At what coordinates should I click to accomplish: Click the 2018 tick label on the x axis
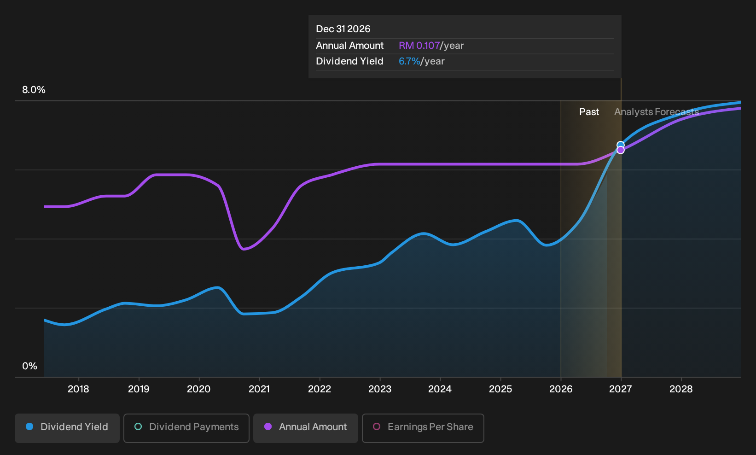pyautogui.click(x=78, y=389)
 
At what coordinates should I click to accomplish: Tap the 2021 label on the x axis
pyautogui.click(x=259, y=389)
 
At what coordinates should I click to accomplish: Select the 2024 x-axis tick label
pyautogui.click(x=440, y=389)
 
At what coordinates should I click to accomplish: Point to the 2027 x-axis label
pyautogui.click(x=620, y=389)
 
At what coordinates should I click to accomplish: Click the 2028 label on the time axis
pyautogui.click(x=681, y=389)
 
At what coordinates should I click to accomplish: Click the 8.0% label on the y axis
pyautogui.click(x=34, y=90)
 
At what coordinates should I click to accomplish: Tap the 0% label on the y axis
pyautogui.click(x=30, y=366)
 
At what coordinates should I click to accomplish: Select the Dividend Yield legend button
pyautogui.click(x=67, y=428)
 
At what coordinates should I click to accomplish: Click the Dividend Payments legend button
pyautogui.click(x=186, y=428)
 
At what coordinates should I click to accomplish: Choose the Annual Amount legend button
pyautogui.click(x=305, y=428)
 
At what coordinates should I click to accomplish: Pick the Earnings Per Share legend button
pyautogui.click(x=423, y=428)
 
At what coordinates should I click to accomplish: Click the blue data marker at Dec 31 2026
pyautogui.click(x=620, y=145)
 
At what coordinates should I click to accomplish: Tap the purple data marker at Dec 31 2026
pyautogui.click(x=620, y=150)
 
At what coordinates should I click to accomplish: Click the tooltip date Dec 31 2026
pyautogui.click(x=343, y=29)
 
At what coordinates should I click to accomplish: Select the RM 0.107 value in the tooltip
pyautogui.click(x=419, y=46)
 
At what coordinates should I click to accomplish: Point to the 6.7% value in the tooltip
pyautogui.click(x=409, y=61)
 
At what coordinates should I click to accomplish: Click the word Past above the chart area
pyautogui.click(x=589, y=112)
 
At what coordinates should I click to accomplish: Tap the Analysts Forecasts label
pyautogui.click(x=657, y=112)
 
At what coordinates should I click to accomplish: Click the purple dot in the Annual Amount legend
pyautogui.click(x=268, y=426)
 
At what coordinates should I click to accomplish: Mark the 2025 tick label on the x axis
pyautogui.click(x=500, y=389)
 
